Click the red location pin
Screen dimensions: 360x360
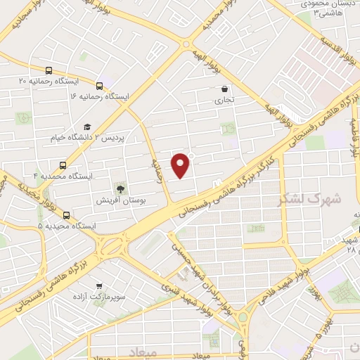[x=181, y=165]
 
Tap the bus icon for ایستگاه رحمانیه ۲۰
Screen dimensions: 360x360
[x=49, y=70]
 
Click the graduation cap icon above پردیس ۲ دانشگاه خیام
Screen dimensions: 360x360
[x=87, y=127]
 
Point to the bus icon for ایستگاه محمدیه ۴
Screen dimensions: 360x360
[x=63, y=166]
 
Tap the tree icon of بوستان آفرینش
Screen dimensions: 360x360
[x=121, y=188]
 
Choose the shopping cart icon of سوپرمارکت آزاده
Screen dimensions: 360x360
[x=99, y=285]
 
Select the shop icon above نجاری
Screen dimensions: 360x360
[x=224, y=89]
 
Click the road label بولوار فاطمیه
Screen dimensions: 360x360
[x=356, y=137]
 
